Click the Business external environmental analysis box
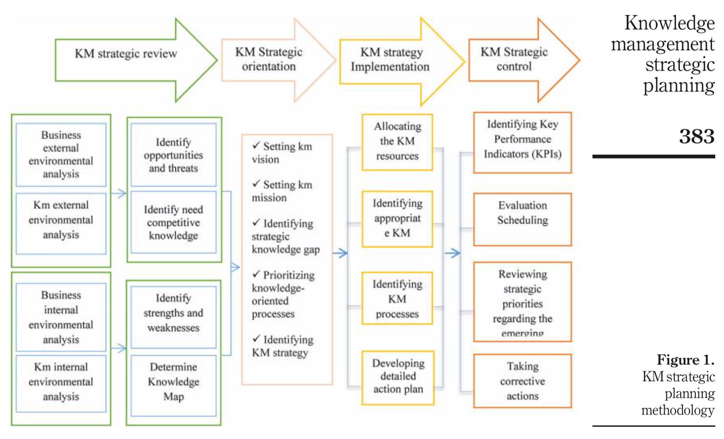pyautogui.click(x=61, y=154)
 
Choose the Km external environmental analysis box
pyautogui.click(x=61, y=220)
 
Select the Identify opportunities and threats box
pyautogui.click(x=173, y=155)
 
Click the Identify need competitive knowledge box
pyautogui.click(x=173, y=222)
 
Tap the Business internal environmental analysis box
pyautogui.click(x=61, y=317)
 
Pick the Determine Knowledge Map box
pyautogui.click(x=173, y=382)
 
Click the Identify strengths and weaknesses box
pyautogui.click(x=173, y=313)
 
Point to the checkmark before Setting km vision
pyautogui.click(x=256, y=145)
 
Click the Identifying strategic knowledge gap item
pyautogui.click(x=285, y=236)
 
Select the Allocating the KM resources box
pyautogui.click(x=397, y=141)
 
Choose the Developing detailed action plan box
pyautogui.click(x=398, y=376)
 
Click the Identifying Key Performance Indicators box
pyautogui.click(x=522, y=140)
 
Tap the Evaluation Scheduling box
pyautogui.click(x=522, y=213)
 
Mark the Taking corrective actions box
pyautogui.click(x=522, y=381)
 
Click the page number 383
pyautogui.click(x=696, y=136)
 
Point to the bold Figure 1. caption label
pyautogui.click(x=685, y=360)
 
